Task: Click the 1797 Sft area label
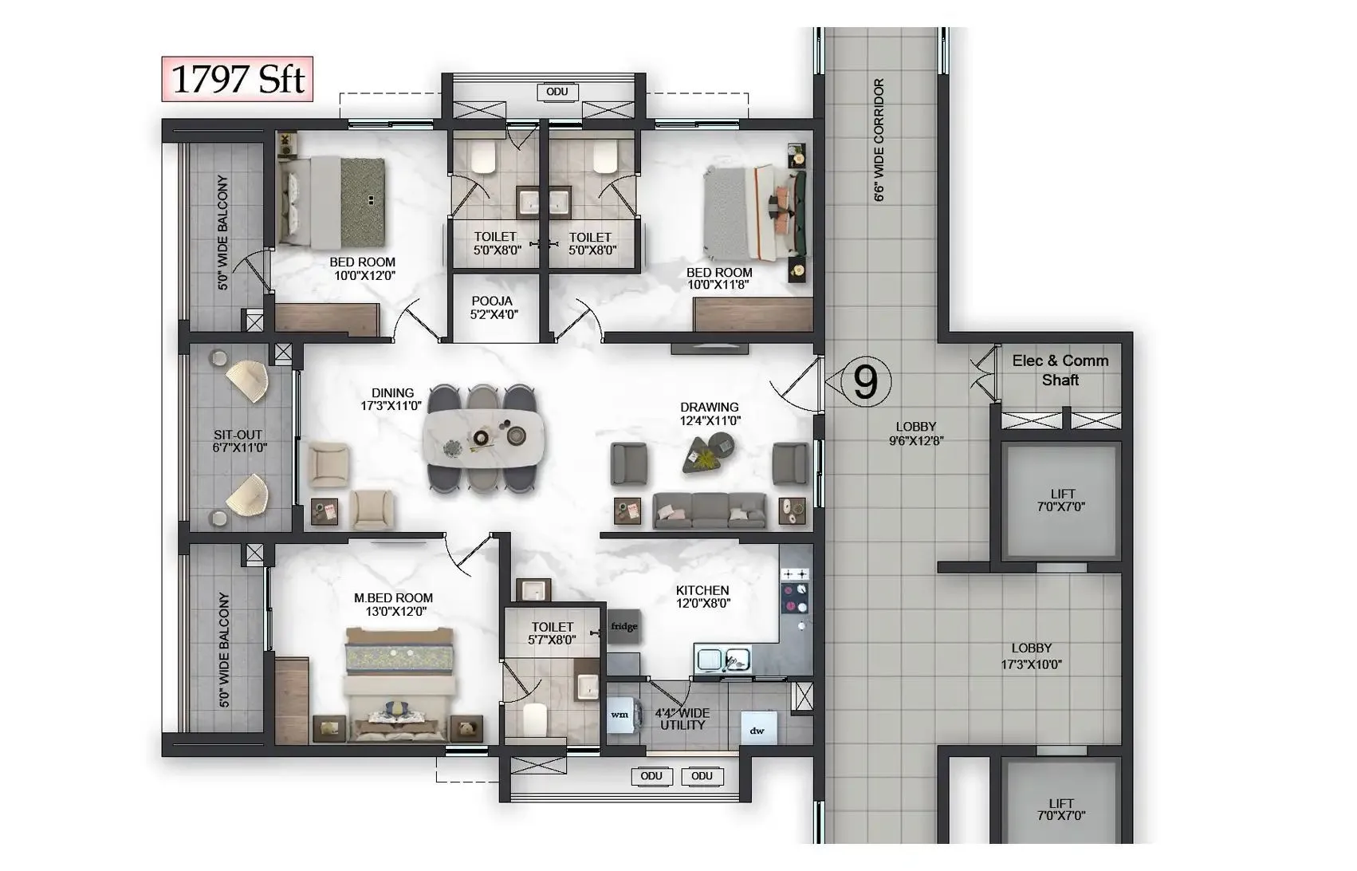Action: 238,80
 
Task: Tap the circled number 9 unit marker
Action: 865,383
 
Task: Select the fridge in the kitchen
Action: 623,626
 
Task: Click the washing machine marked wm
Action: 619,715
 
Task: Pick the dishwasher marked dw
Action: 757,730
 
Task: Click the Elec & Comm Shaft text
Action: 1060,370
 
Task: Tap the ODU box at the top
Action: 557,92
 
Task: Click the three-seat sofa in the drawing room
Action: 709,510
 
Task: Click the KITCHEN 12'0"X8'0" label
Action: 702,597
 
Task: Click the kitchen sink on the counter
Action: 723,660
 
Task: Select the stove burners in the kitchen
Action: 795,591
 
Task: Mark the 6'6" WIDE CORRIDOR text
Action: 879,140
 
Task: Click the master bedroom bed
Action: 399,680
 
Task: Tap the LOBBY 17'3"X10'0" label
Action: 1031,656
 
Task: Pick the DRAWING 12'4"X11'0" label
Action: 709,413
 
